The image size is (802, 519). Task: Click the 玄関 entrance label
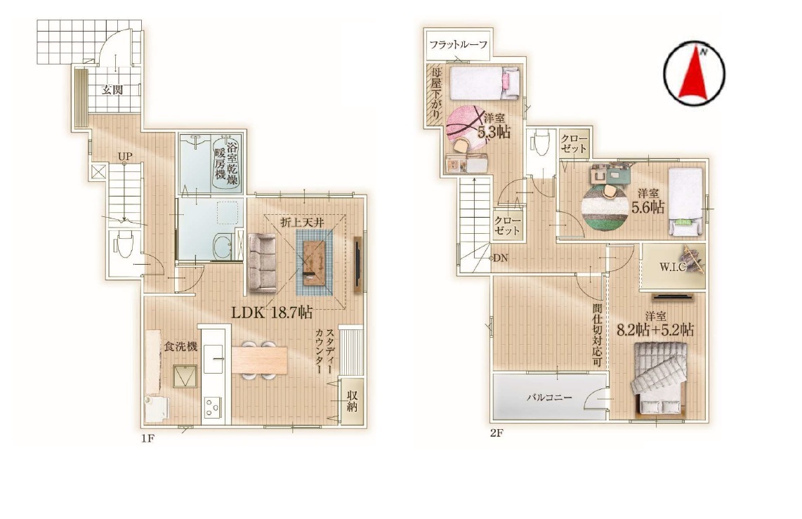point(112,90)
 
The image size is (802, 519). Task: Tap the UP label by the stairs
point(124,155)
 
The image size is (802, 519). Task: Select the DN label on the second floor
point(501,258)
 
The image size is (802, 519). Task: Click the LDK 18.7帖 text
point(272,313)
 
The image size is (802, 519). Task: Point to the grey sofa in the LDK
point(262,263)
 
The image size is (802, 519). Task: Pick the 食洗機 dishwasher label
point(180,347)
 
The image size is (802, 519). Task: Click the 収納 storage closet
point(352,402)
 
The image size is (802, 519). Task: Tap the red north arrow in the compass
point(693,72)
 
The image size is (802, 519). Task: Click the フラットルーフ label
point(459,44)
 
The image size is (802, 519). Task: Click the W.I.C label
point(671,267)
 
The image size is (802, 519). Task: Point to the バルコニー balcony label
point(550,398)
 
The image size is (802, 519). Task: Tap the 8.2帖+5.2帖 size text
point(655,330)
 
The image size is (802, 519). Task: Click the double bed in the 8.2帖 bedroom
point(659,378)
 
